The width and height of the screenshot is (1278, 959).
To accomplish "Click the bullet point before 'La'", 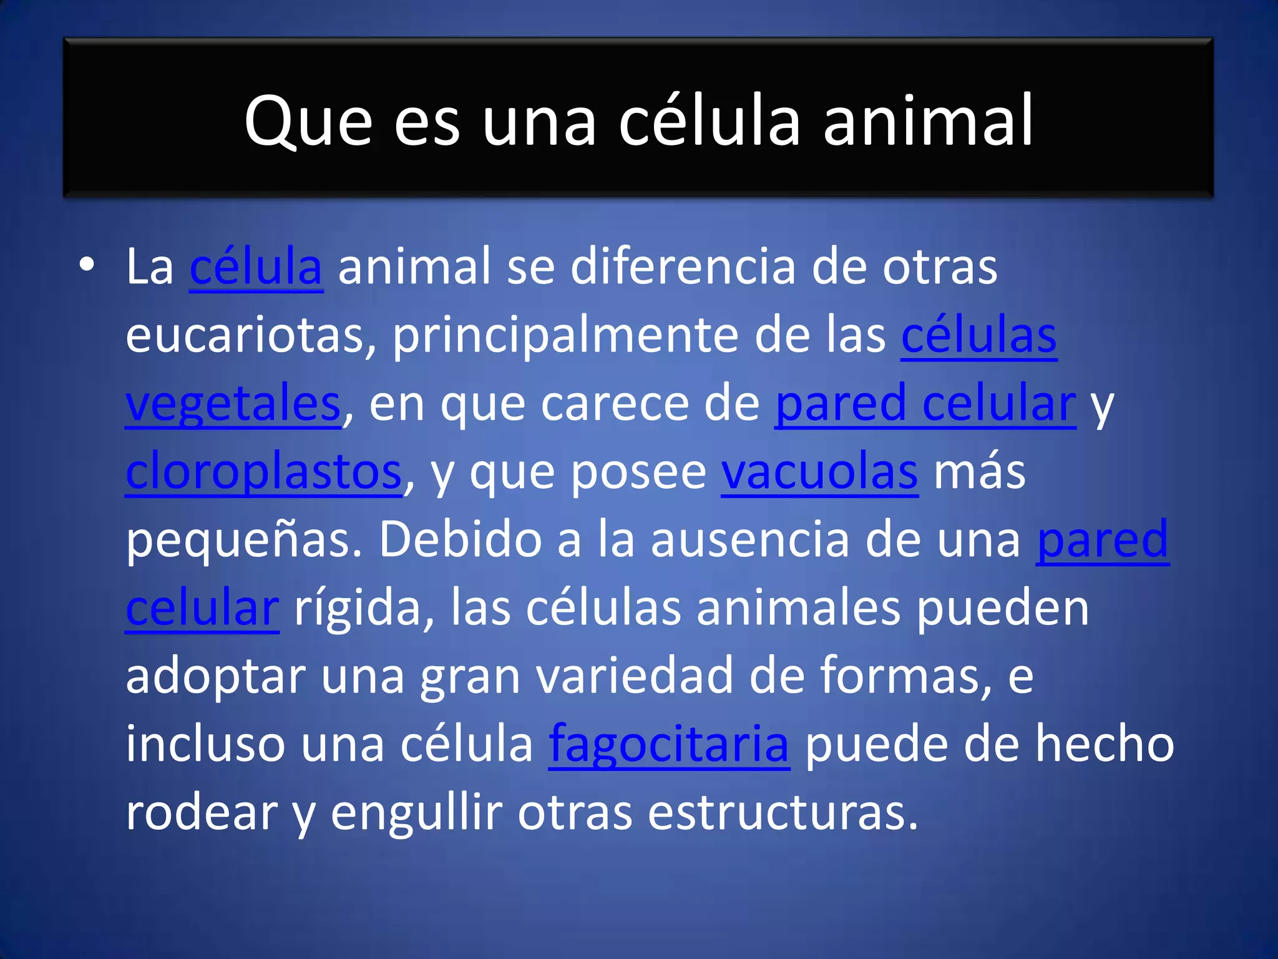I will (x=87, y=265).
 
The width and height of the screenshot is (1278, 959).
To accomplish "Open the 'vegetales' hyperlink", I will (x=233, y=404).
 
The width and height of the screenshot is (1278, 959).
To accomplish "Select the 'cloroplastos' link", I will (x=263, y=472).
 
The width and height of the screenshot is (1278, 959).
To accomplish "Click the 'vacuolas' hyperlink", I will (x=819, y=472).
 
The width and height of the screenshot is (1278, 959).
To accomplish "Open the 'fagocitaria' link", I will (x=669, y=744).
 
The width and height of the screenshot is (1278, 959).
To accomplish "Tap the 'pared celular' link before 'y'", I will (x=925, y=404).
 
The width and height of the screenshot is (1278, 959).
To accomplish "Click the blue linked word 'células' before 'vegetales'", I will (x=978, y=336).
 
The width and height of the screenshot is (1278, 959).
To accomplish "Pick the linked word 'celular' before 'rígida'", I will (x=202, y=608).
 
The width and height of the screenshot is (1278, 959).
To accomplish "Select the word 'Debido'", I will (x=461, y=540).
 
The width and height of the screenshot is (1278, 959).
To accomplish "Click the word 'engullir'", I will (x=416, y=812).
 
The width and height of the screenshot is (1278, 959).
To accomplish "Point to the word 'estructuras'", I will (x=783, y=812).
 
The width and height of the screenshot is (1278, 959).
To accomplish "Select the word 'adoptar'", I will (x=216, y=676).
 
